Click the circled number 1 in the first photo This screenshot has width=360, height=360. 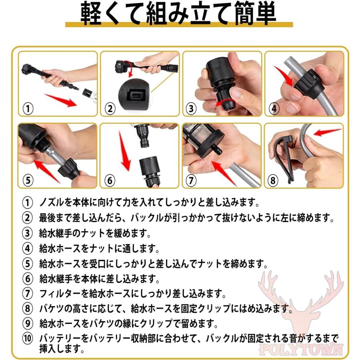[x=28, y=108]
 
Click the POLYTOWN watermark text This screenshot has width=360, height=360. [x=301, y=349]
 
